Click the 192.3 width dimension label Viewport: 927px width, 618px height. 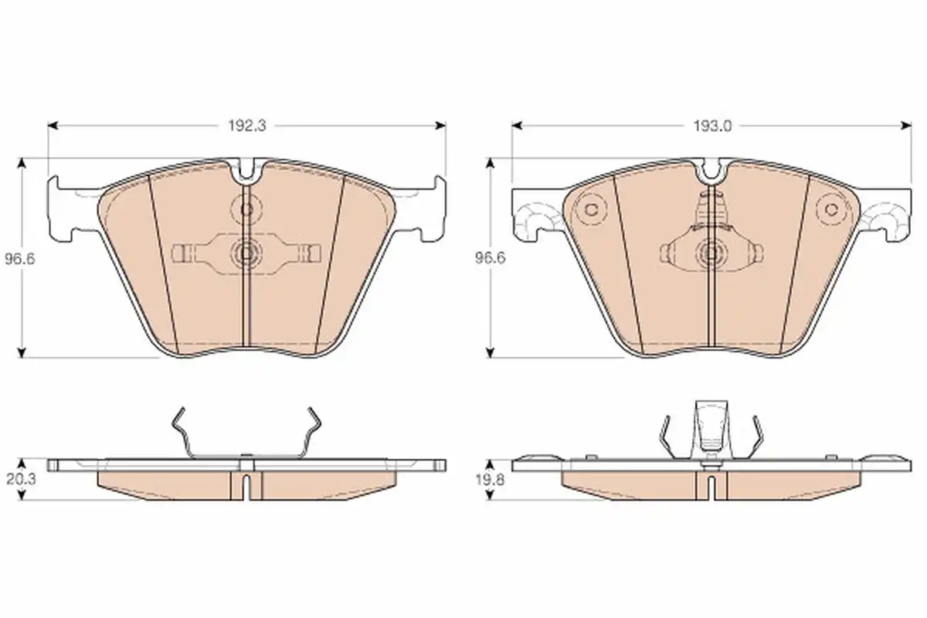pos(247,126)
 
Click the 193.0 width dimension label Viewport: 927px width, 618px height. pos(712,126)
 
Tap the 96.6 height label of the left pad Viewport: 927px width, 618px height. pos(20,259)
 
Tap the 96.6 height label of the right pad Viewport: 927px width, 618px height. pos(490,258)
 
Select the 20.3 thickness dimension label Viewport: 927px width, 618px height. pos(21,479)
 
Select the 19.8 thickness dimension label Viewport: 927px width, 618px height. pos(490,480)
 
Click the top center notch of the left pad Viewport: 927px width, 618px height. pos(246,171)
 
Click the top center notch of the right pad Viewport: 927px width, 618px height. pos(711,171)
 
